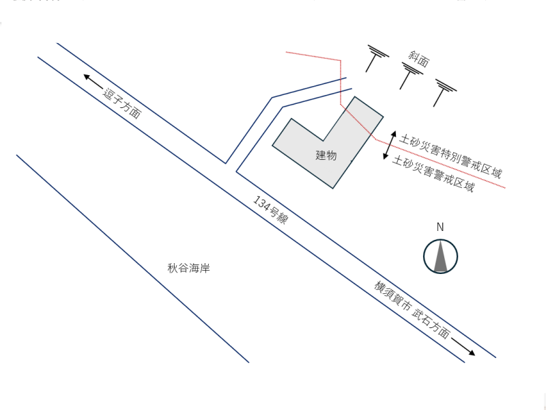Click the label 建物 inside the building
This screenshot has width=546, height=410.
(x=326, y=155)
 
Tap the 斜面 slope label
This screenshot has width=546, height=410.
(x=418, y=59)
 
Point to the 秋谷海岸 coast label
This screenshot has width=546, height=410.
(x=188, y=269)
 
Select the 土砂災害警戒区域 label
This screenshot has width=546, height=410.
(x=433, y=176)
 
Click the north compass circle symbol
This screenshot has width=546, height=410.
(x=440, y=257)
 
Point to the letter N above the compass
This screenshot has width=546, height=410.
(x=440, y=228)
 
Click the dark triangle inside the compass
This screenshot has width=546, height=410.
(x=440, y=258)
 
